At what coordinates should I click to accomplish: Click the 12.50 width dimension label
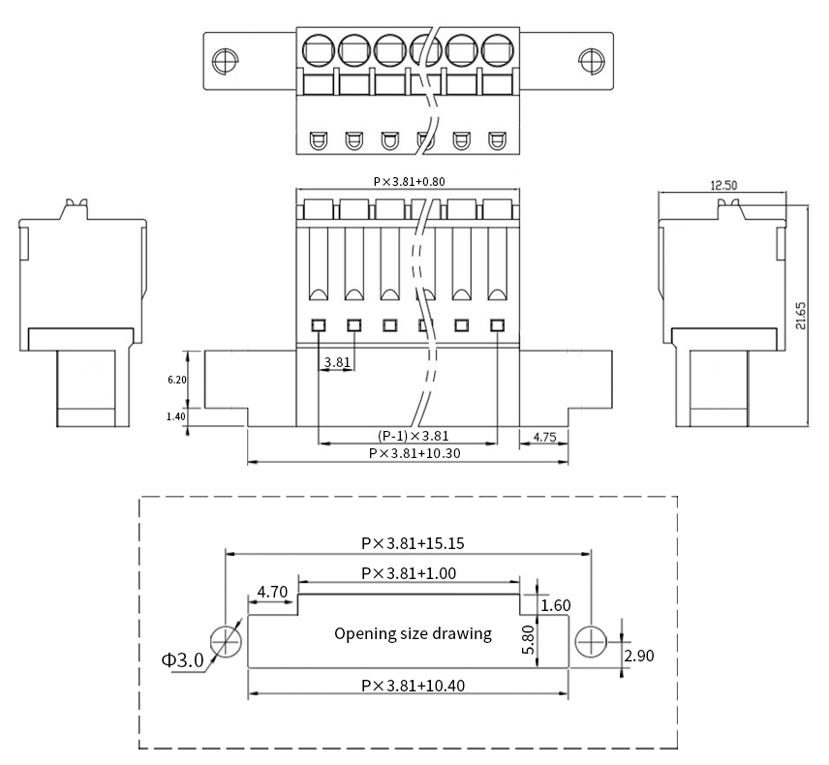pos(722,185)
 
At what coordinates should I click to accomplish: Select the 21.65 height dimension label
pos(800,314)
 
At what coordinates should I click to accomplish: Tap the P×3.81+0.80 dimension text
pos(409,181)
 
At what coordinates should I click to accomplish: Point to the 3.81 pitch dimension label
pos(337,362)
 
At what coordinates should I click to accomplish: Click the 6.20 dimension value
pos(176,381)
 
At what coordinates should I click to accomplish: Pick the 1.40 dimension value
pos(176,416)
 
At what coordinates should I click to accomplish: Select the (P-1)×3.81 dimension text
pos(412,436)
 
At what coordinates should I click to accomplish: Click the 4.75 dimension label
pos(543,437)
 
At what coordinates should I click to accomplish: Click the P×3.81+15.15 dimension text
pos(407,544)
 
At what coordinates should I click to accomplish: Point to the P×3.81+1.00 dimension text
pos(408,573)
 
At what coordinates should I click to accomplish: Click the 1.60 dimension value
pos(556,605)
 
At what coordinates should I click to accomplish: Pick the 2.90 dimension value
pos(639,656)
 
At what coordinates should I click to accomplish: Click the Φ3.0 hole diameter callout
pos(182,660)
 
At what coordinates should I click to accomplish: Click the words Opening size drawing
pos(413,634)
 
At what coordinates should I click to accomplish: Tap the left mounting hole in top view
pos(223,61)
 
